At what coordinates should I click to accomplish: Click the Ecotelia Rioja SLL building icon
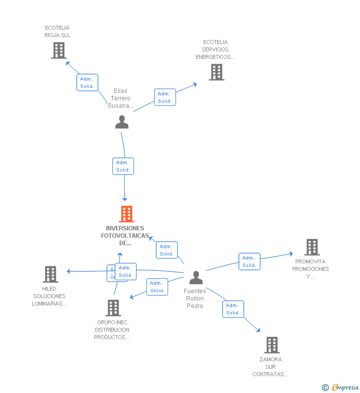point(59,50)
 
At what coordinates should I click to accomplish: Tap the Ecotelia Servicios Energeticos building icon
point(216,72)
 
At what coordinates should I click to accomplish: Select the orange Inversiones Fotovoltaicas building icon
point(127,214)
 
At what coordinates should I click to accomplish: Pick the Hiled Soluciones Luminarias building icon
point(50,274)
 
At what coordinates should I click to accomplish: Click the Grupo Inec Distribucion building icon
point(113,308)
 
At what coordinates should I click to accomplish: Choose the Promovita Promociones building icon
point(312,247)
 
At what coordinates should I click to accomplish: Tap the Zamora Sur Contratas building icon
point(271,345)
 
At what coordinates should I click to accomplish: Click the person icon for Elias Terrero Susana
point(122,122)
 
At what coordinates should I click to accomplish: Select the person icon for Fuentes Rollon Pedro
point(196,277)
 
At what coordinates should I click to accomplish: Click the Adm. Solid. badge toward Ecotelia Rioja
point(87,83)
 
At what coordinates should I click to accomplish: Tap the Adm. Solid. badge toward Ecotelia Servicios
point(165,97)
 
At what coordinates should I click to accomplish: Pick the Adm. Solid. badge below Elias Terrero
point(123,166)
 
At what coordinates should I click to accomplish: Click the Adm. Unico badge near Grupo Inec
point(157,287)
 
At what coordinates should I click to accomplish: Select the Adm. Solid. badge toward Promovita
point(249,262)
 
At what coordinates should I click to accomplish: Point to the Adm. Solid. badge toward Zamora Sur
point(233,309)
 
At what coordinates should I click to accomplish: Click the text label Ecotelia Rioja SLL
point(57,32)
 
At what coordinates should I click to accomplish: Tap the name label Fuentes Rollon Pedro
point(195,299)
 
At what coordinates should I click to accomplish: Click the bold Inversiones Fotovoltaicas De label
point(125,235)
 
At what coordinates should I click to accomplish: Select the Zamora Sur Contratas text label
point(270,367)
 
